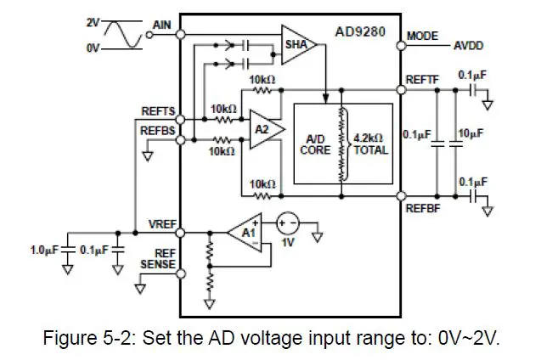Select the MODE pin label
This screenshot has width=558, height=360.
pos(422,37)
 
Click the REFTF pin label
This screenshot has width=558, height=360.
pos(422,80)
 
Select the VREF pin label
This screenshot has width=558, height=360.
pos(161,223)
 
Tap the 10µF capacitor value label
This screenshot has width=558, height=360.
pos(470,134)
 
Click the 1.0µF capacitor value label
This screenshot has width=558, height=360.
pos(45,250)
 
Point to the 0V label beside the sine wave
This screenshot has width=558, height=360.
pos(93,48)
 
